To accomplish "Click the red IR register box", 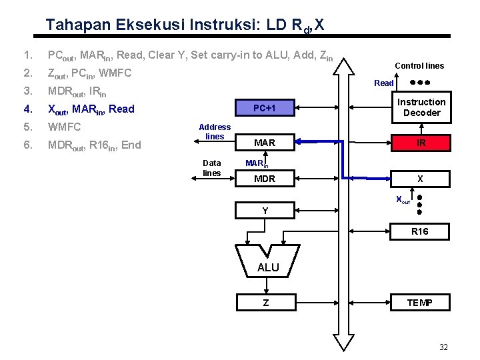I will coord(421,142).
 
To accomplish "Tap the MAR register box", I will coord(265,142).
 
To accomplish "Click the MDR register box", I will coord(265,178).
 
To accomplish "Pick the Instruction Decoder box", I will coord(421,107).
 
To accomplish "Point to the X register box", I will coord(421,178).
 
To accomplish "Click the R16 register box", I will coord(421,231).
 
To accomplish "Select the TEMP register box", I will coord(421,303).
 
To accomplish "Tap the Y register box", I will coord(265,211).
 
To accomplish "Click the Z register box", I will coord(265,303).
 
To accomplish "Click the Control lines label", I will coord(419,65).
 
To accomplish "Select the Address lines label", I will coord(215,131).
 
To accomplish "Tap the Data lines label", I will coord(211,167).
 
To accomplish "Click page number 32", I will coord(444,347).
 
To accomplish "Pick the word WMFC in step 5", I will coord(63,127).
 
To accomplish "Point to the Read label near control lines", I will coord(384,83).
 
